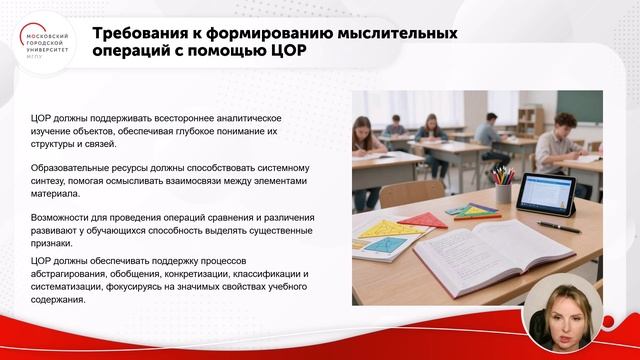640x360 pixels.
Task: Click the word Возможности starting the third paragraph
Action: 64,216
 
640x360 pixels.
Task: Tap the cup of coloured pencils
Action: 502,186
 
